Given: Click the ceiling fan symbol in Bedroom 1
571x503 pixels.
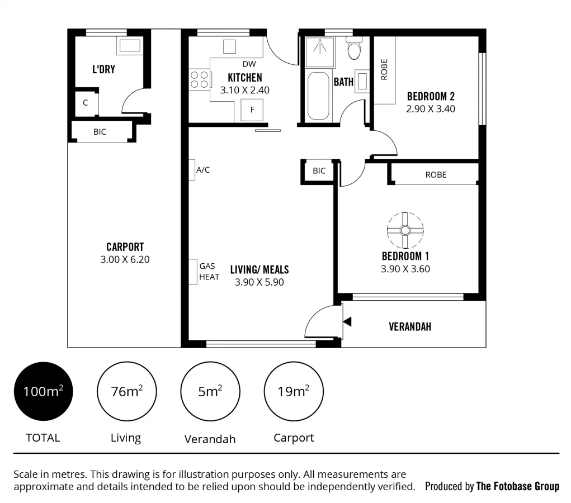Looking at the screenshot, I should click(x=405, y=230).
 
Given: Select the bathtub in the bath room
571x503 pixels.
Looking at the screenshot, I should click(x=319, y=96).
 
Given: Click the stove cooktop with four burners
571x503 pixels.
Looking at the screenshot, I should click(x=199, y=79).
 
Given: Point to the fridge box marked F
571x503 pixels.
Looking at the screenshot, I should click(x=252, y=110).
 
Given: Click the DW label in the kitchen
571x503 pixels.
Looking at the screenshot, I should click(x=249, y=64).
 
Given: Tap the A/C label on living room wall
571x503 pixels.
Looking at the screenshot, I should click(x=202, y=170).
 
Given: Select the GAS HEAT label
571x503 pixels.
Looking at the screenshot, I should click(x=209, y=272).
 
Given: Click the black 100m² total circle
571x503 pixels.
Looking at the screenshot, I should click(x=43, y=391).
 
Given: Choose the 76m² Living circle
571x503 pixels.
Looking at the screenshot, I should click(x=126, y=391).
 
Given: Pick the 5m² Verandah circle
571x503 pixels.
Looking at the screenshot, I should click(x=210, y=391).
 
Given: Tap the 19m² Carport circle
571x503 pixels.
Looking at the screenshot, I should click(x=294, y=391).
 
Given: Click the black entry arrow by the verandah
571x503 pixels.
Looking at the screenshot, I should click(x=347, y=321).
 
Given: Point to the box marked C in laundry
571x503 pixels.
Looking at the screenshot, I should click(x=86, y=103).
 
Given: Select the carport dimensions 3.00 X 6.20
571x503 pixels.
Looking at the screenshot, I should click(x=125, y=259).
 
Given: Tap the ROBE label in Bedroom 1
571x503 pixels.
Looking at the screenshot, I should click(x=436, y=174).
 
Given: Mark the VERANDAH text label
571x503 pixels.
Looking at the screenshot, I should click(x=410, y=327).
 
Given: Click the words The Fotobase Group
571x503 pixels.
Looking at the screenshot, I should click(x=517, y=486).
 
